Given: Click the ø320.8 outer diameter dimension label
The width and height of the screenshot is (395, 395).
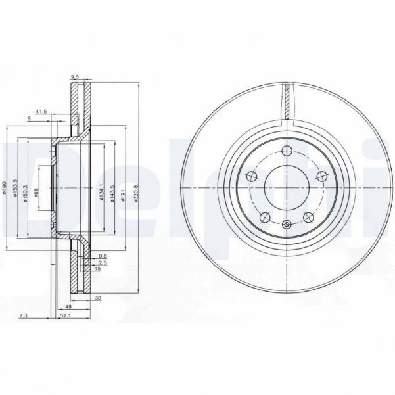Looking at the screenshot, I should (x=136, y=191).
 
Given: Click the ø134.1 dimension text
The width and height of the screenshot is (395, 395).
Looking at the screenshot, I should (x=101, y=191).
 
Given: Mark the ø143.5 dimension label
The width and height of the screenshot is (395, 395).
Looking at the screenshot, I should (x=111, y=191).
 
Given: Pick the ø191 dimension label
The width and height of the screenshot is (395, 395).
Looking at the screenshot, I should (x=122, y=191).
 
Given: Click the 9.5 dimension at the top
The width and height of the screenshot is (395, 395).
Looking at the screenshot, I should (x=75, y=77).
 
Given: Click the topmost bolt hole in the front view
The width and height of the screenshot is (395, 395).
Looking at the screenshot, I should (x=286, y=152).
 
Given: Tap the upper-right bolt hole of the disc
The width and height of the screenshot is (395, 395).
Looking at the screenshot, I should (x=321, y=175).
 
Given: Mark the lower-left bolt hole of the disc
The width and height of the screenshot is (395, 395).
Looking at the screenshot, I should (x=265, y=218).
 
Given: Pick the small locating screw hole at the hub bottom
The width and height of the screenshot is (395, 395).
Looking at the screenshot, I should (x=287, y=225).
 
